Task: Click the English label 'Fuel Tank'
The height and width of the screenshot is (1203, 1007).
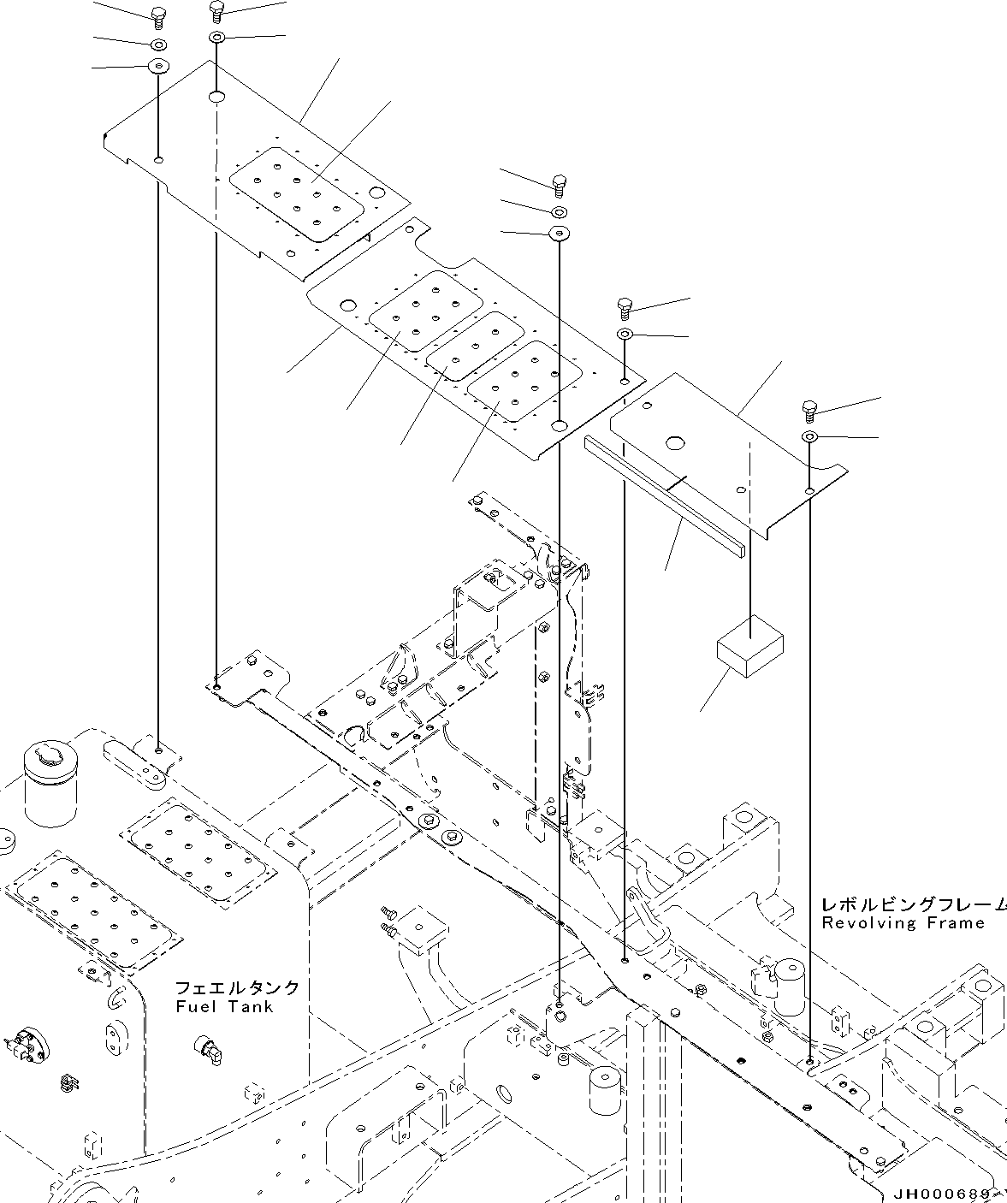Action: (x=224, y=1007)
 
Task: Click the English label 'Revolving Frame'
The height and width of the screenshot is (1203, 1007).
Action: (x=903, y=923)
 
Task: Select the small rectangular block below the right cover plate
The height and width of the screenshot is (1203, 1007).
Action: (x=749, y=646)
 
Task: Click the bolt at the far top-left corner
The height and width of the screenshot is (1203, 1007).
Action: (x=157, y=15)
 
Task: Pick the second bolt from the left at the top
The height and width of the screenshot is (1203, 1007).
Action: (x=216, y=12)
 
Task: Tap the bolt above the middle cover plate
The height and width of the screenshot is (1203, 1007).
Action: (x=559, y=183)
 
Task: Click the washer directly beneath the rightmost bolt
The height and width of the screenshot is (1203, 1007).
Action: (x=809, y=438)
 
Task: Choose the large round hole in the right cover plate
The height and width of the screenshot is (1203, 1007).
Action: (x=674, y=442)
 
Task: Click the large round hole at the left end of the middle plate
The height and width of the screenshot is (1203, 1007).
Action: (x=347, y=305)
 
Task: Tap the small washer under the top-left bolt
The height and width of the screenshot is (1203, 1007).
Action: (x=159, y=43)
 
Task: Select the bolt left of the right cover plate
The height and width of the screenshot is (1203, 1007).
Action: (x=625, y=306)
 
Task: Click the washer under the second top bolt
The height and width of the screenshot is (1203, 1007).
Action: (x=216, y=39)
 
